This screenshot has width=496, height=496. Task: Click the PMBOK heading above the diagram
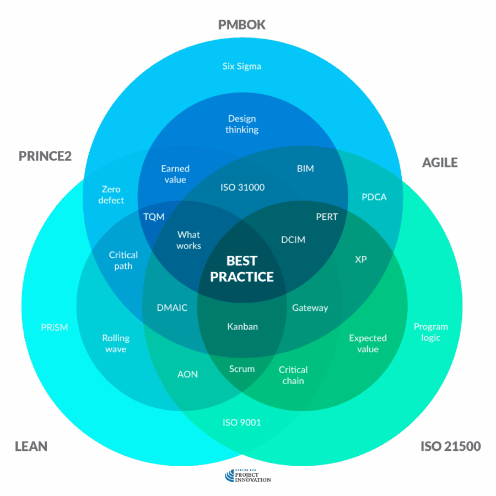point(242,25)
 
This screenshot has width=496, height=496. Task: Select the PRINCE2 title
point(45,156)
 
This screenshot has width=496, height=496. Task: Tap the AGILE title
point(440,162)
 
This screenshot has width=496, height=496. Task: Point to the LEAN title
point(31,446)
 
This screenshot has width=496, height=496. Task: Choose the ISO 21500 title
point(450,446)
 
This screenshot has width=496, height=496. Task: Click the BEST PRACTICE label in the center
point(242,268)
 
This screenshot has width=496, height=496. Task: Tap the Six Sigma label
point(242,66)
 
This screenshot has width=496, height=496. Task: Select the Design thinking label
point(242,124)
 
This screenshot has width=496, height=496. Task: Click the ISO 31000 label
point(242,187)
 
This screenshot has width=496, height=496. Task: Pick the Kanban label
point(242,326)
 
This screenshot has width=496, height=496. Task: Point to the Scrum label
point(242,369)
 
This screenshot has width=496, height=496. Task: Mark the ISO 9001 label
point(242,423)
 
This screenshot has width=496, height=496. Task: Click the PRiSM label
point(55,327)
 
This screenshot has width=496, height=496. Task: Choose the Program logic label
point(431,332)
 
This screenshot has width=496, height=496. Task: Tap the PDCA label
point(374,197)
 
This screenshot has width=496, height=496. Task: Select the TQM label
point(154,217)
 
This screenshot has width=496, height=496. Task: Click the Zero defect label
point(111,195)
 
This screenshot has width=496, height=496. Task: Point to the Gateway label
point(310,308)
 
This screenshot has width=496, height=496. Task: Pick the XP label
point(361,259)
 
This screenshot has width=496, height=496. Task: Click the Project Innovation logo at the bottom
point(248,476)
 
